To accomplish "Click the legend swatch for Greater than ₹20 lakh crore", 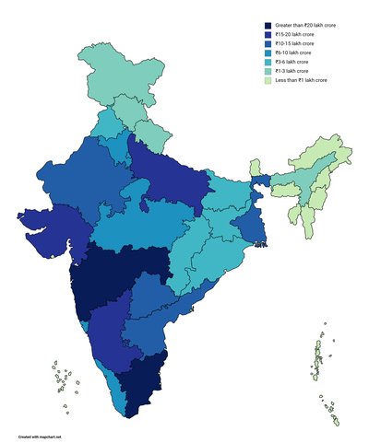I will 268,26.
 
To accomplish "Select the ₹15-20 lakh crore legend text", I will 295,35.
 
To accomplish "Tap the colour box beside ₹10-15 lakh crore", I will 268,44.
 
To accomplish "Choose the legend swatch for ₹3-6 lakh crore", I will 268,63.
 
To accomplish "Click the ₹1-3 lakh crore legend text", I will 293,71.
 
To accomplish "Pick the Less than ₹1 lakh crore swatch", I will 268,80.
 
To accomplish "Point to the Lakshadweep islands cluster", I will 62,378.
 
